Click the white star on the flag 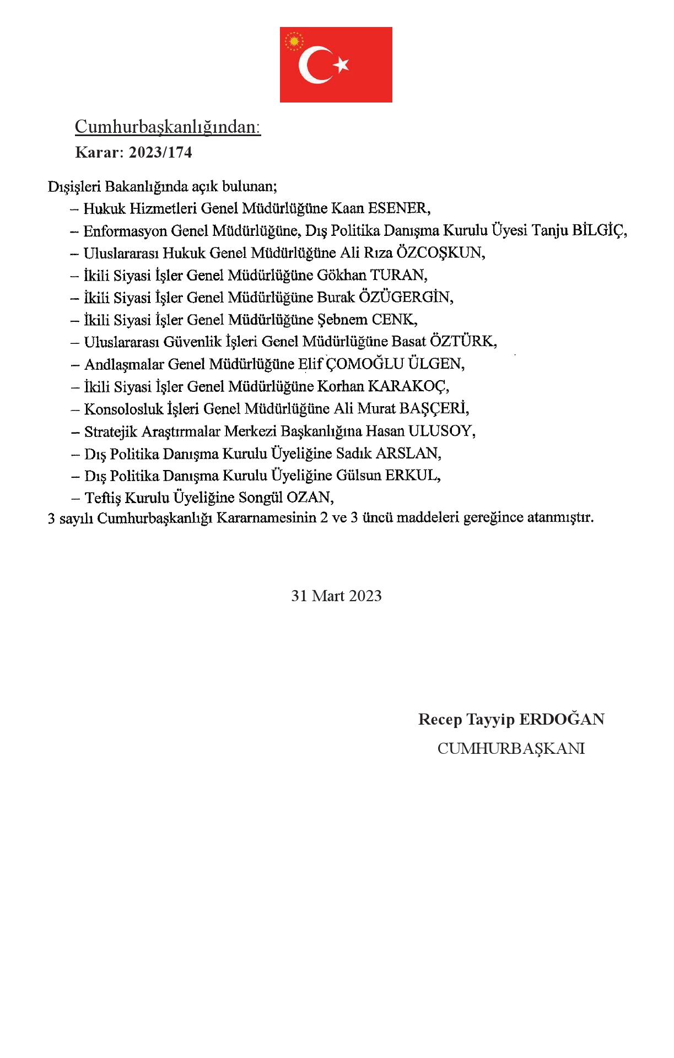pos(342,64)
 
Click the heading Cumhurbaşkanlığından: pos(168,127)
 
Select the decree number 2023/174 pos(160,152)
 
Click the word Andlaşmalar pos(124,364)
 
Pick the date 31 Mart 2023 pos(336,596)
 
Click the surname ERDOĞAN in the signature pos(562,719)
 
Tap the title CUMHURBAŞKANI pos(511,748)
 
